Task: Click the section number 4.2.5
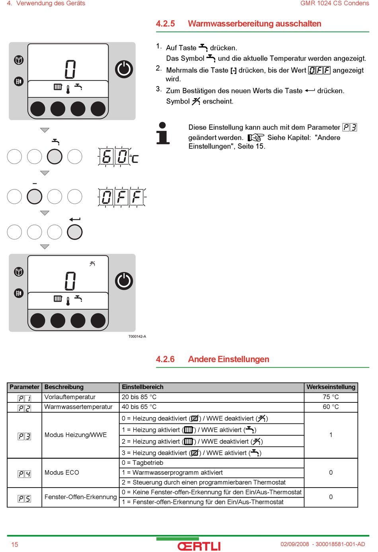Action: pyautogui.click(x=165, y=24)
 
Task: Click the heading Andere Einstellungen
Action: pyautogui.click(x=228, y=359)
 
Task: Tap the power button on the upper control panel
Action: pyautogui.click(x=124, y=69)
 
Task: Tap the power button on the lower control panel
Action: pyautogui.click(x=124, y=281)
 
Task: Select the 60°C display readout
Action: pyautogui.click(x=118, y=157)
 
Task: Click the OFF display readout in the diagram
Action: pyautogui.click(x=122, y=197)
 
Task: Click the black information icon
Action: pyautogui.click(x=162, y=133)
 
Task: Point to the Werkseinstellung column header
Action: pyautogui.click(x=331, y=387)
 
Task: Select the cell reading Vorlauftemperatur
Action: pyautogui.click(x=70, y=397)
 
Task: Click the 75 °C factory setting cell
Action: pyautogui.click(x=331, y=397)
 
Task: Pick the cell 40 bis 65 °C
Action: pyautogui.click(x=139, y=407)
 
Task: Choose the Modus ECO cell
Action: pyautogui.click(x=62, y=473)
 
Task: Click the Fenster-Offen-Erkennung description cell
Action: pyautogui.click(x=80, y=497)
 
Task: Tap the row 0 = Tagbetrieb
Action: pyautogui.click(x=142, y=463)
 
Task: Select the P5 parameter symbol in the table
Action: pyautogui.click(x=24, y=499)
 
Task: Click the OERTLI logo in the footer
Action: pyautogui.click(x=199, y=546)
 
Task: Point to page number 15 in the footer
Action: pyautogui.click(x=15, y=545)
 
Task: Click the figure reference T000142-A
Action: pyautogui.click(x=137, y=337)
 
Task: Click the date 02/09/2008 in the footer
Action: pyautogui.click(x=294, y=544)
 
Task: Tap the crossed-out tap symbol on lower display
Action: pyautogui.click(x=92, y=263)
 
